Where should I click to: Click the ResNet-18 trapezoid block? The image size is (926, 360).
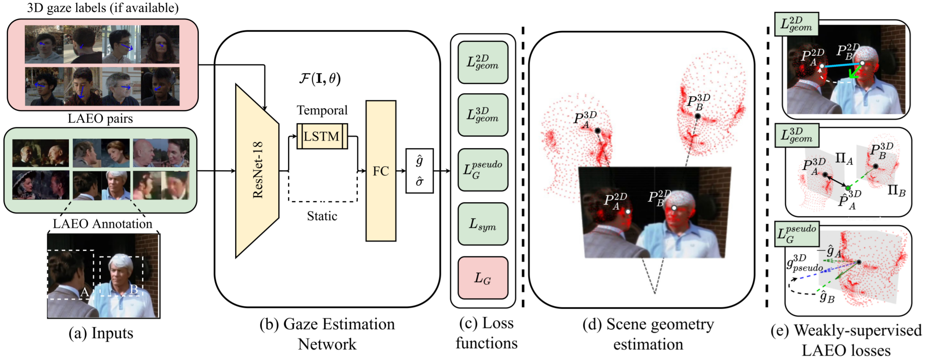257,171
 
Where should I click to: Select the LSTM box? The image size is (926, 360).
322,136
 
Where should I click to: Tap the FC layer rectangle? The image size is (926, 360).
381,171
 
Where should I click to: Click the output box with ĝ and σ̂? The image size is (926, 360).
419,171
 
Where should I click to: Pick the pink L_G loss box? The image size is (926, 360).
483,278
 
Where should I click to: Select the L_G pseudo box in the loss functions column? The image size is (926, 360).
483,170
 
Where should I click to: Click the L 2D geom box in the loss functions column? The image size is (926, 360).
483,62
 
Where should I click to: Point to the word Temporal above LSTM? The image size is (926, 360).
322,110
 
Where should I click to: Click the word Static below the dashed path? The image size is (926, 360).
322,216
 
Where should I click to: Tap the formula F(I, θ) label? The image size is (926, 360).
320,78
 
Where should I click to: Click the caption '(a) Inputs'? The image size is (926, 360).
101,333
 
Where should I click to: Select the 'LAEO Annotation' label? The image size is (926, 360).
102,223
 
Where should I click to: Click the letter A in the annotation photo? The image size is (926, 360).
85,292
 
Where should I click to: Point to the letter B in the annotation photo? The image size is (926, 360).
134,289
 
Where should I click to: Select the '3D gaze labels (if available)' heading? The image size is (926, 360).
103,8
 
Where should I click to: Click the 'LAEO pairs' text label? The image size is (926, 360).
100,118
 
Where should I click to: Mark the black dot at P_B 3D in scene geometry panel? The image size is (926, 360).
698,116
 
